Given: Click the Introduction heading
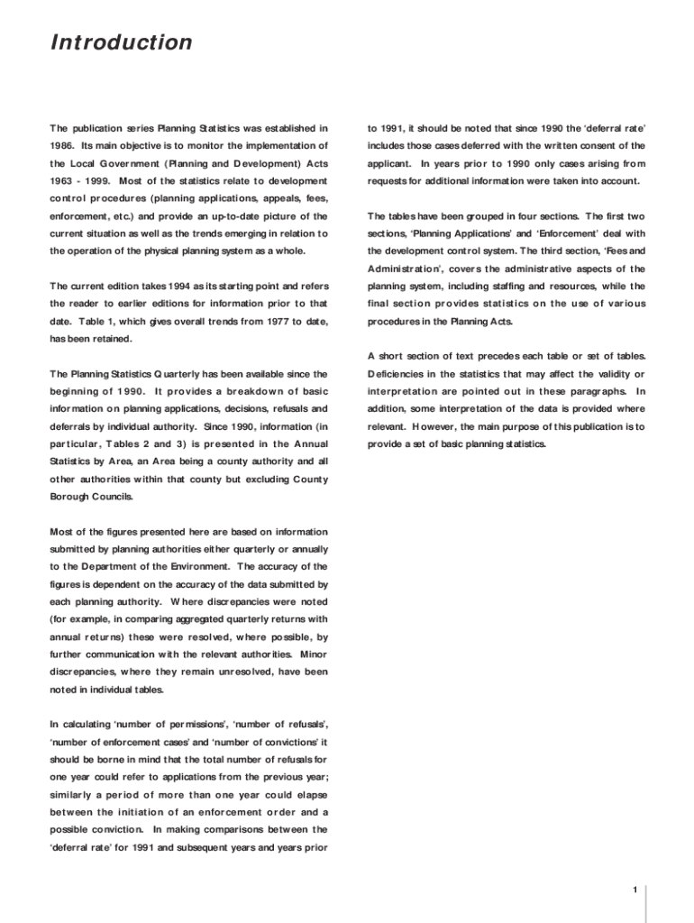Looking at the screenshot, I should pos(121,43).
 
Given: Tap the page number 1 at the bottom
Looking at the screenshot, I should pos(635,891).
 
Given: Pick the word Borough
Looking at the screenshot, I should pos(69,497).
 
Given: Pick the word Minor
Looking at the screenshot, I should pos(314,654).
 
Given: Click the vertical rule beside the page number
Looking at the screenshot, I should pos(645,902).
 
